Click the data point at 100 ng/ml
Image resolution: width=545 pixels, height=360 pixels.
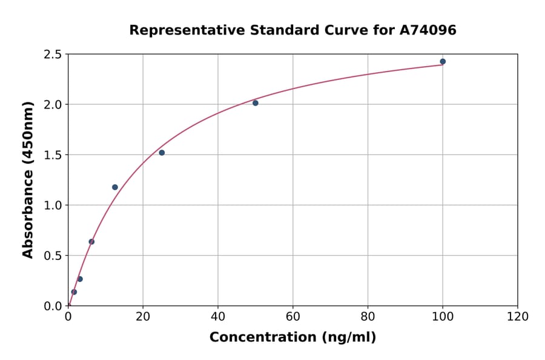pos(443,62)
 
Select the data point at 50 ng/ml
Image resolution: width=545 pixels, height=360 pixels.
pos(256,103)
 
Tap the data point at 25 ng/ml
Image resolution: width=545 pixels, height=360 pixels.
pos(162,153)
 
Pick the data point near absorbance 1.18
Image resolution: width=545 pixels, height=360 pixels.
pos(115,187)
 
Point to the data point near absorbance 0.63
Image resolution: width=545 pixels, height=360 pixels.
pos(91,242)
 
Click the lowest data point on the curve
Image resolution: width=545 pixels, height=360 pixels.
pos(74,292)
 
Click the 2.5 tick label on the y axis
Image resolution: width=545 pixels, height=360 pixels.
pos(53,55)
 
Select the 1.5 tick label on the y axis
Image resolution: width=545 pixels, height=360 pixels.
pos(53,155)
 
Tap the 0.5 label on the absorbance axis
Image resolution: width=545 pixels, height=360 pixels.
pos(53,256)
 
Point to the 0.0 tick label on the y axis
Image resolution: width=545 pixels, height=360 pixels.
pos(53,306)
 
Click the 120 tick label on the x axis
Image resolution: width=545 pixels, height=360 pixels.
pos(518,316)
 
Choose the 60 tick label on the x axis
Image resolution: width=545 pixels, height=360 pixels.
pos(293,316)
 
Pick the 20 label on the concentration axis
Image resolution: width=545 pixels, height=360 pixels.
pos(143,316)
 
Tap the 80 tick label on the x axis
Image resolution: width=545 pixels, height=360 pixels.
pos(368,316)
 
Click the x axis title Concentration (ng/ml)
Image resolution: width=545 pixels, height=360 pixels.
pos(292,338)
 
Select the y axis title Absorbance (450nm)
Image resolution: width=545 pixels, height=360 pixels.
pos(28,179)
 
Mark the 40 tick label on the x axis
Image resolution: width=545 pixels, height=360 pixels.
pos(218,316)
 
